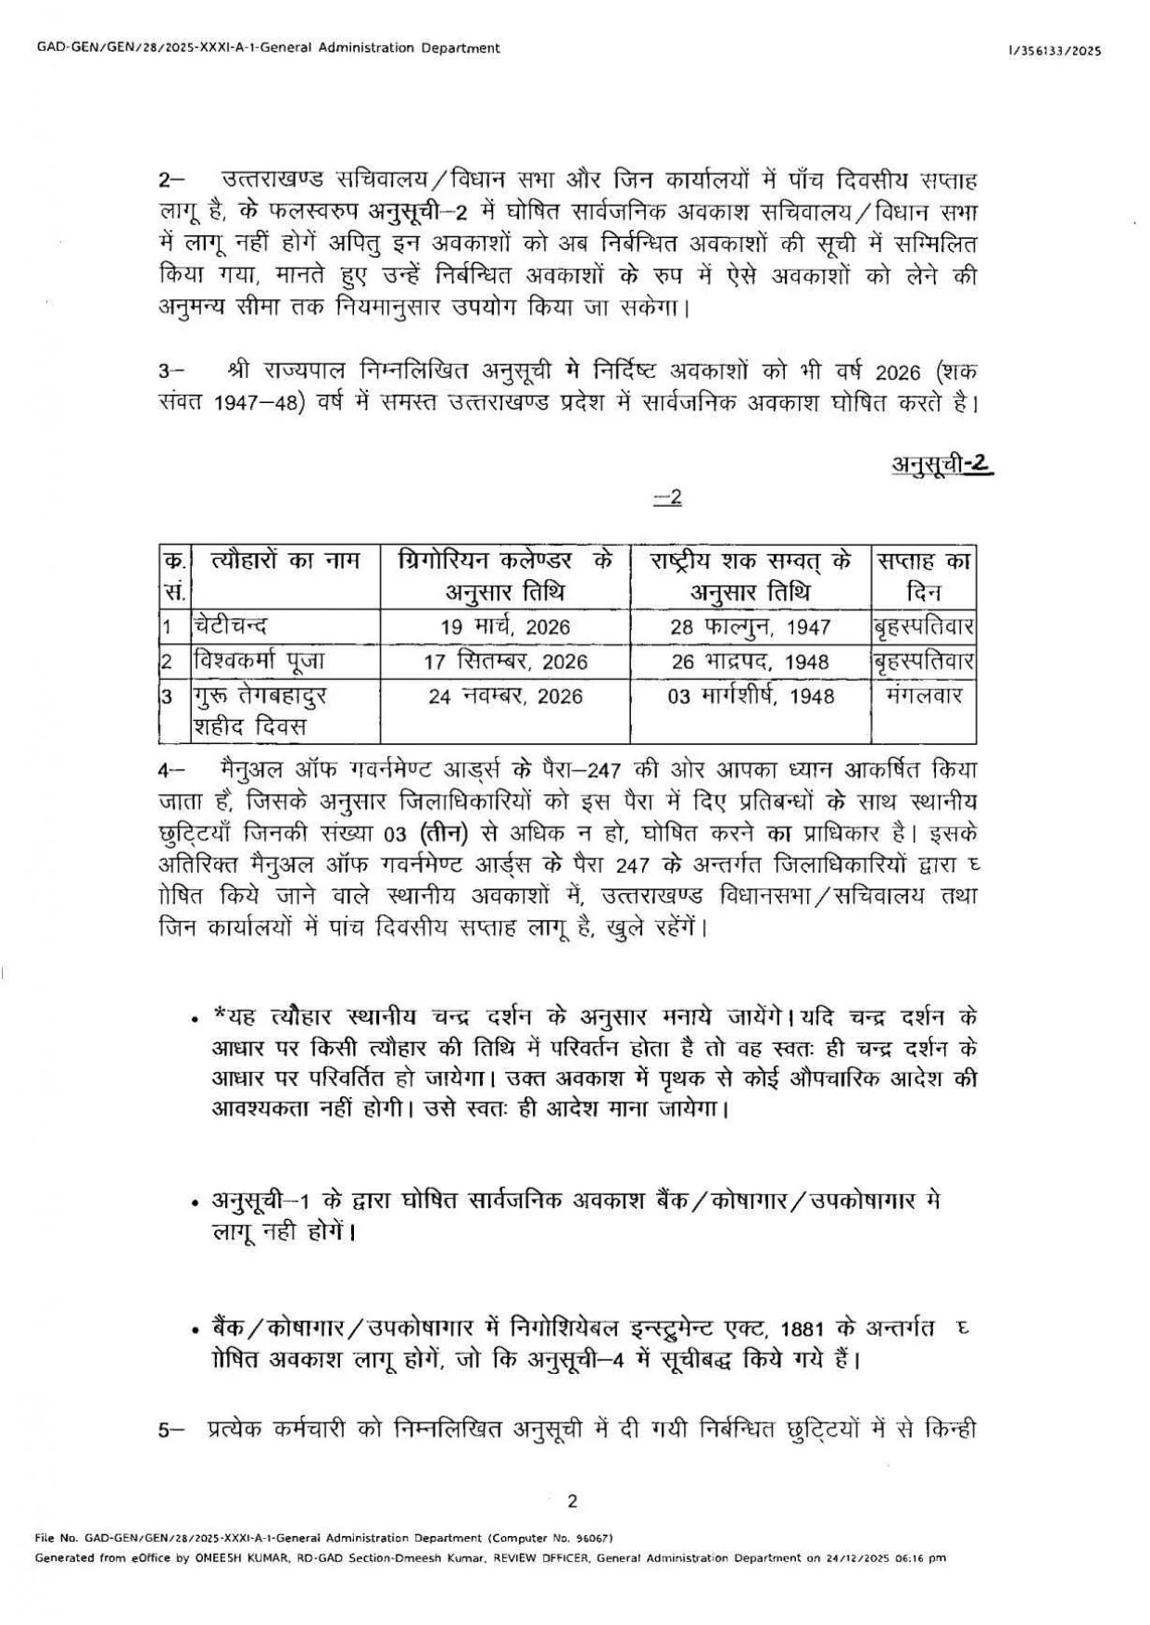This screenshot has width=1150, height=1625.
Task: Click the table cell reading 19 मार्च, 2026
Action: point(505,627)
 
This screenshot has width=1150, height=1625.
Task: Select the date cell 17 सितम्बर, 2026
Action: point(505,661)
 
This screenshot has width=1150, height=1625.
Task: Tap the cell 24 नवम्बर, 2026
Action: point(505,696)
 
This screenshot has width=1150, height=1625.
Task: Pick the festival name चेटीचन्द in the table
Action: point(233,626)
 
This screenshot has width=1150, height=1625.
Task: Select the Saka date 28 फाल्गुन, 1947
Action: point(750,627)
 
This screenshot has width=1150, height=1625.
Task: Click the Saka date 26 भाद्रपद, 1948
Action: point(750,661)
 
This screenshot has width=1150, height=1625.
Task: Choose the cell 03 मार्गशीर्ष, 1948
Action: point(751,696)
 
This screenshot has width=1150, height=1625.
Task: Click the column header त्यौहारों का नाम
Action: point(284,561)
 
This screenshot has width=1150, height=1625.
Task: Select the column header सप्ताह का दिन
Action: point(923,575)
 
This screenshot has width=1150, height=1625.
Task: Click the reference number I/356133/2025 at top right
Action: point(1055,52)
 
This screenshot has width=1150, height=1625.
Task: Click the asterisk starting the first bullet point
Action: point(220,1014)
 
